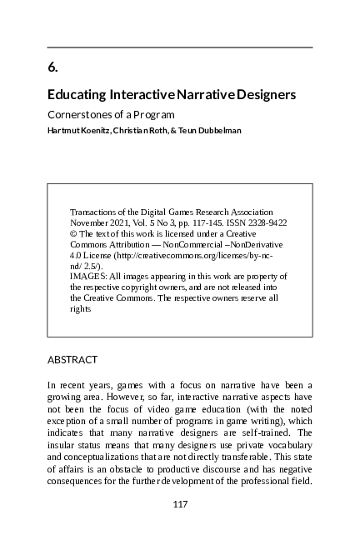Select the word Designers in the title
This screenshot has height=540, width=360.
pyautogui.click(x=262, y=95)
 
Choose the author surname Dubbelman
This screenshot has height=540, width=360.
pyautogui.click(x=217, y=130)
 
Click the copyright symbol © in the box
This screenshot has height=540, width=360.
pyautogui.click(x=73, y=234)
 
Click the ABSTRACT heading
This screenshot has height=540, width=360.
pyautogui.click(x=72, y=360)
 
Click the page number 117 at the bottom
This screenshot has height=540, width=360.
pyautogui.click(x=180, y=504)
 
